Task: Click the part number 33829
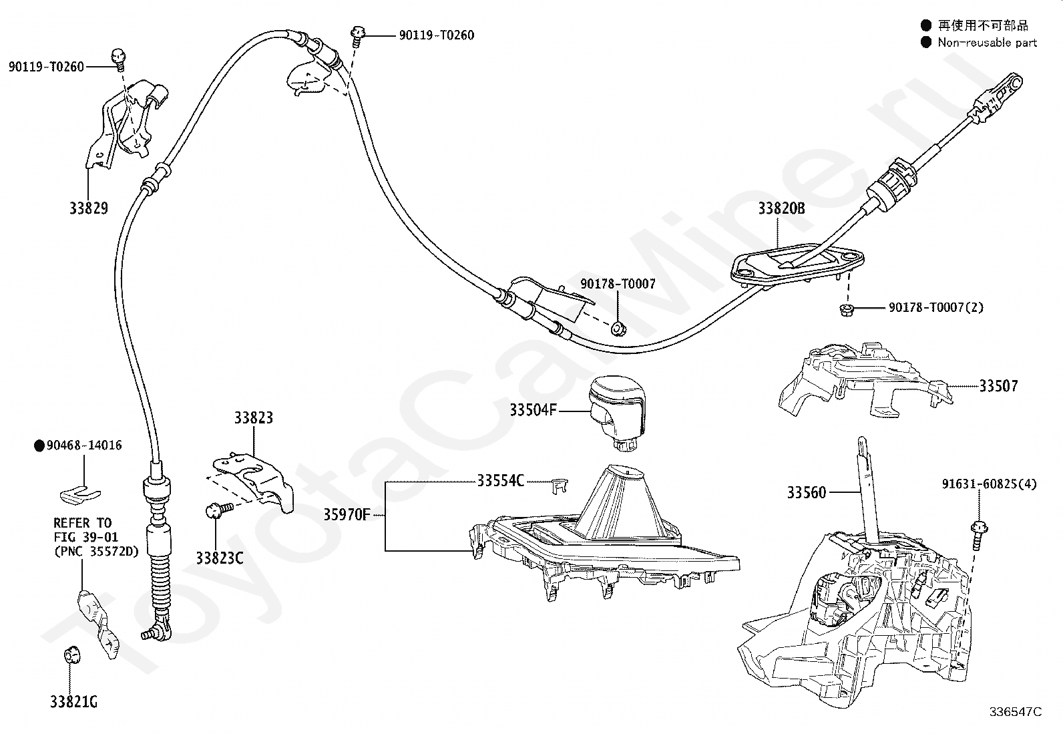click(88, 208)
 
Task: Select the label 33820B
click(781, 208)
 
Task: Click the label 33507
click(998, 386)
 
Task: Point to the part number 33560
click(806, 493)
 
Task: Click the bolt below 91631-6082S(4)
click(978, 531)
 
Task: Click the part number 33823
click(253, 418)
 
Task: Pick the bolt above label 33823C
click(216, 511)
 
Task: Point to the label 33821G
click(73, 702)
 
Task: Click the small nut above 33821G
click(69, 655)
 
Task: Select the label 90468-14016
click(84, 445)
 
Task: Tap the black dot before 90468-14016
click(39, 445)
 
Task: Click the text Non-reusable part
click(987, 43)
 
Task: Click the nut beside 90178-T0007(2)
click(845, 309)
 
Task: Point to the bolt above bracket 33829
click(120, 58)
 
